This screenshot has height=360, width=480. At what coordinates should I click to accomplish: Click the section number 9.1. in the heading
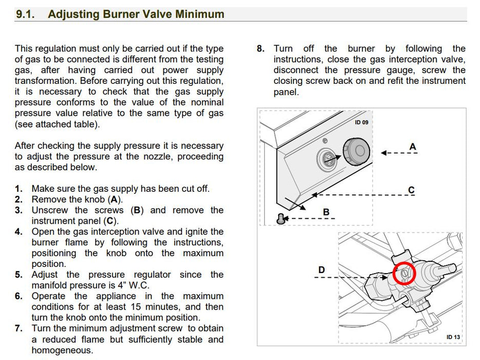tap(25, 14)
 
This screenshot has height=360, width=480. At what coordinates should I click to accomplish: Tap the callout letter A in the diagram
tap(413, 147)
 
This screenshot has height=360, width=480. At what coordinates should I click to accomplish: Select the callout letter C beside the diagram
tap(411, 190)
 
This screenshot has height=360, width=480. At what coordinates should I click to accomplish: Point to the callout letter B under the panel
tap(326, 211)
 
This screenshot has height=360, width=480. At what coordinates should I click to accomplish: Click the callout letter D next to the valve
tap(321, 269)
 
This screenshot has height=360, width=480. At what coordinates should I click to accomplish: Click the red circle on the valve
tap(404, 273)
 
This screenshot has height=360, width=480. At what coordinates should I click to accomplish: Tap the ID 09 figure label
tap(361, 122)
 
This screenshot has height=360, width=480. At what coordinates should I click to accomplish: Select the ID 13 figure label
tap(453, 337)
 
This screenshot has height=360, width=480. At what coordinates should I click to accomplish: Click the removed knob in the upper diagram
tap(357, 152)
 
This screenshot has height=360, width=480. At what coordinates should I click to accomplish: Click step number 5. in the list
tap(19, 275)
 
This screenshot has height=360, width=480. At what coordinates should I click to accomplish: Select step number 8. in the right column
tap(261, 49)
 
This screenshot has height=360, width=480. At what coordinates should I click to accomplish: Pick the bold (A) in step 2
tap(115, 200)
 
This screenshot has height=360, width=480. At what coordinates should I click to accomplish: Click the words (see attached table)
tap(57, 124)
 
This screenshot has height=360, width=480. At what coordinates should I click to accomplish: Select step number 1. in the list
tap(19, 189)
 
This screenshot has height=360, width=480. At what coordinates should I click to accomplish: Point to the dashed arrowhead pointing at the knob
tap(383, 152)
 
